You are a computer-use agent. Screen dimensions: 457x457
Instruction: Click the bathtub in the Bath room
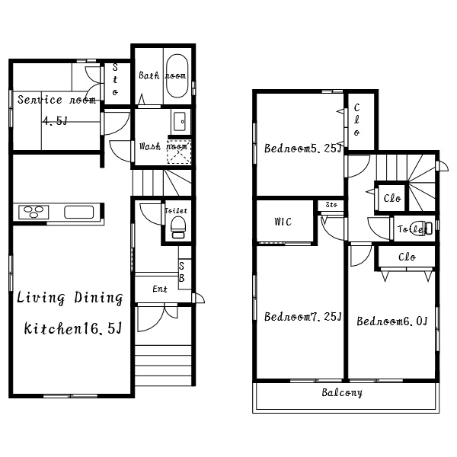pyautogui.click(x=177, y=75)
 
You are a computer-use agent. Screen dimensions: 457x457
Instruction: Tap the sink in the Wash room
pyautogui.click(x=179, y=121)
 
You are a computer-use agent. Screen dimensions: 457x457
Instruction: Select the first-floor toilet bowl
pyautogui.click(x=178, y=227)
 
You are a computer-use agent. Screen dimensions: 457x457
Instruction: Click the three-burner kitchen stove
pyautogui.click(x=34, y=212)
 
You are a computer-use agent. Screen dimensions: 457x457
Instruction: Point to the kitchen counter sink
pyautogui.click(x=78, y=212)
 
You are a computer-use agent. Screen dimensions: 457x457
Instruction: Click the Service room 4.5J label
pyautogui.click(x=56, y=110)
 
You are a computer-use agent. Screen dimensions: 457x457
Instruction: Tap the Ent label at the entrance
pyautogui.click(x=160, y=289)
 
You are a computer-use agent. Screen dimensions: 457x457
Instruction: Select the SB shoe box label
pyautogui.click(x=181, y=272)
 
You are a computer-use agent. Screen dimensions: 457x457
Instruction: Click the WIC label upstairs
pyautogui.click(x=283, y=222)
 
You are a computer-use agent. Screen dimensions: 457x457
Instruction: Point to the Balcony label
pyautogui.click(x=342, y=392)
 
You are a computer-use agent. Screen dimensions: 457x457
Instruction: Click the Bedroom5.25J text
pyautogui.click(x=302, y=149)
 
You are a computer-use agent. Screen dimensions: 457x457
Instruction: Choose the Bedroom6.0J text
pyautogui.click(x=392, y=321)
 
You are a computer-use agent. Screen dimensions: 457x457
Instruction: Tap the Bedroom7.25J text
pyautogui.click(x=302, y=316)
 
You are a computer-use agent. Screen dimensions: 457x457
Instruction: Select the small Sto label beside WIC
pyautogui.click(x=331, y=205)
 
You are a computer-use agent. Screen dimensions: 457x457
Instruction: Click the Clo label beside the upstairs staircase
pyautogui.click(x=392, y=198)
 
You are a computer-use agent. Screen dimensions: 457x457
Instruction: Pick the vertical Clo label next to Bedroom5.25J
pyautogui.click(x=356, y=120)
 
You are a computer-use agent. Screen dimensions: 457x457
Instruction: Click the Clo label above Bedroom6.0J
pyautogui.click(x=407, y=257)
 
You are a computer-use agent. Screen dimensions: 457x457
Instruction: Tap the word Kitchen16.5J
pyautogui.click(x=72, y=328)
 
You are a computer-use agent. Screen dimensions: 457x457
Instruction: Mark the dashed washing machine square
pyautogui.click(x=179, y=152)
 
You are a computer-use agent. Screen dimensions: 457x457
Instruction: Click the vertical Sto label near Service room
pyautogui.click(x=115, y=79)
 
